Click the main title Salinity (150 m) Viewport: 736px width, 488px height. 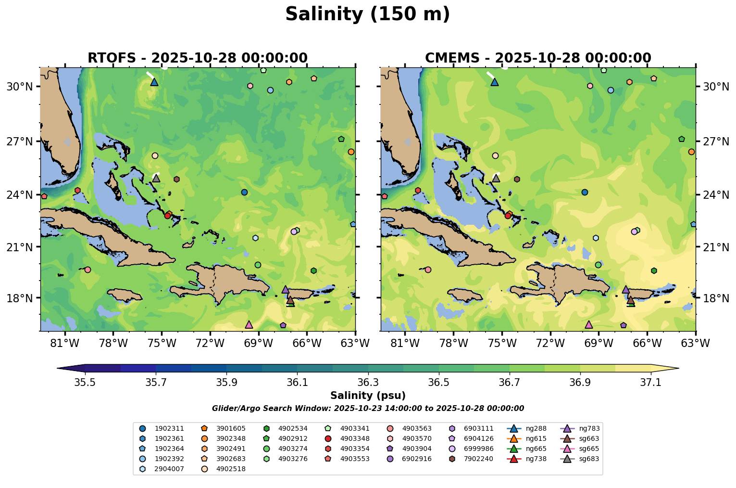pyautogui.click(x=367, y=14)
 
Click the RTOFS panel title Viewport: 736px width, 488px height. pyautogui.click(x=197, y=58)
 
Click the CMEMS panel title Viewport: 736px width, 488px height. pyautogui.click(x=538, y=58)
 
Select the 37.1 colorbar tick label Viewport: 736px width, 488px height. pyautogui.click(x=651, y=383)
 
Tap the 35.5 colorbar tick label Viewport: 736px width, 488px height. pyautogui.click(x=85, y=383)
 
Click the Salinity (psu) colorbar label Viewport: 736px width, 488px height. pyautogui.click(x=368, y=396)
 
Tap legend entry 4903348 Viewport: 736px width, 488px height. pyautogui.click(x=355, y=438)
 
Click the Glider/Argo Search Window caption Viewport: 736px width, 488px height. pyautogui.click(x=368, y=409)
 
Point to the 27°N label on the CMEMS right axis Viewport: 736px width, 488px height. pyautogui.click(x=713, y=141)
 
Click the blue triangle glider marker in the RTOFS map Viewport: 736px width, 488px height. pyautogui.click(x=154, y=82)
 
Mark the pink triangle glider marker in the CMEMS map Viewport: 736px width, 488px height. pyautogui.click(x=589, y=325)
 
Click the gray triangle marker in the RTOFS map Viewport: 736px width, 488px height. pyautogui.click(x=156, y=178)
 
